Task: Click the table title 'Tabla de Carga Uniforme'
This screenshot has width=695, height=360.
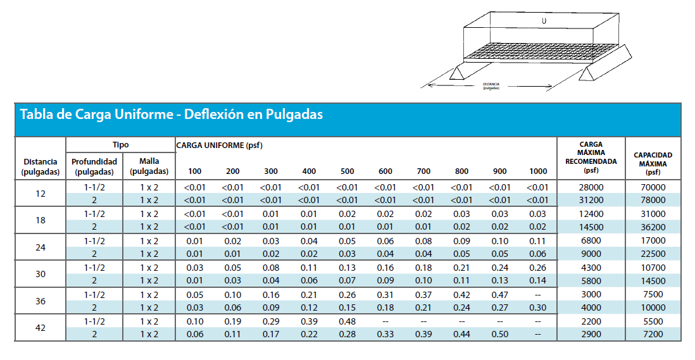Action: click(x=97, y=115)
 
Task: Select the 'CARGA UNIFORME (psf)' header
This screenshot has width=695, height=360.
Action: click(x=220, y=146)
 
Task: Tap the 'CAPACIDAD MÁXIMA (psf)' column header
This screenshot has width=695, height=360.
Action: click(x=653, y=163)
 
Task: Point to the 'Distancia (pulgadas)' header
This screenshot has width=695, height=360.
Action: click(x=41, y=167)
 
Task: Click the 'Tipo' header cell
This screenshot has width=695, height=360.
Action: click(x=120, y=145)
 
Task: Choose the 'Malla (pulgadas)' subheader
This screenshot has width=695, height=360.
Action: click(x=149, y=166)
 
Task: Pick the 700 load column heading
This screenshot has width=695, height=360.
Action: click(x=423, y=171)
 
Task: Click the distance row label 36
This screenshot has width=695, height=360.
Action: click(x=41, y=301)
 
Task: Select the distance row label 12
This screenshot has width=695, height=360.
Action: click(x=41, y=194)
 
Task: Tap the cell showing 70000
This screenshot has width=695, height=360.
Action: click(x=653, y=187)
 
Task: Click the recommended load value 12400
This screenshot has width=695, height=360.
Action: click(x=591, y=214)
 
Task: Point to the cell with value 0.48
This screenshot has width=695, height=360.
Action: click(x=347, y=321)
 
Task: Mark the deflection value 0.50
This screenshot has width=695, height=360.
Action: click(x=500, y=334)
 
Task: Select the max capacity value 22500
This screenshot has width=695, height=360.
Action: click(x=653, y=254)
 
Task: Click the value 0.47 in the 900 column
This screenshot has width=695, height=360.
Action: click(x=500, y=295)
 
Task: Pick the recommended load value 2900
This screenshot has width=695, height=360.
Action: click(x=591, y=334)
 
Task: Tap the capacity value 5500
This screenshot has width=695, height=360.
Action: click(x=653, y=321)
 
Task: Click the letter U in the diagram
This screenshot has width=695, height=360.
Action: click(x=544, y=21)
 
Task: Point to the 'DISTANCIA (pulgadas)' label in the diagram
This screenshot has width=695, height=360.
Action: click(x=491, y=86)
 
